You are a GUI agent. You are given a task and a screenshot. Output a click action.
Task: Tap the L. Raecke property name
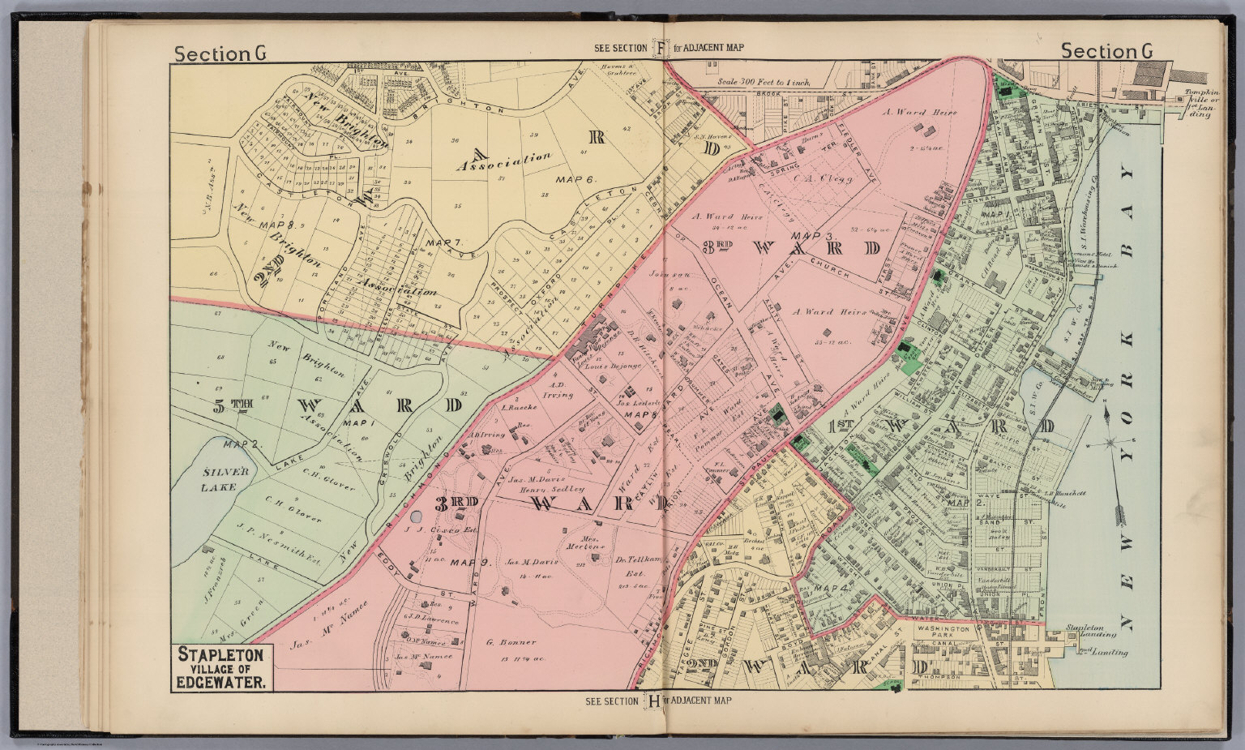516,408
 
